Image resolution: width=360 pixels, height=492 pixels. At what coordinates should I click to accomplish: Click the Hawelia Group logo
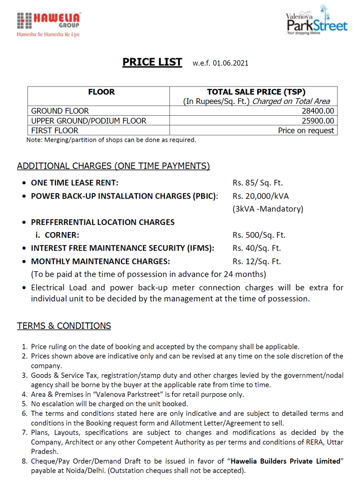(x=48, y=24)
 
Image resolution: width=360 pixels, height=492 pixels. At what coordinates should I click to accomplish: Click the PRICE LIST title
(x=152, y=62)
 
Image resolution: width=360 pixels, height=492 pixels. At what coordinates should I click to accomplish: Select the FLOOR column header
(x=101, y=92)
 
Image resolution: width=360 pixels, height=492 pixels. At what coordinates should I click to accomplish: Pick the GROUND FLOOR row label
(x=60, y=111)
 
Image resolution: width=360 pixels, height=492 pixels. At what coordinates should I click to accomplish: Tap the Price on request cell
(x=306, y=131)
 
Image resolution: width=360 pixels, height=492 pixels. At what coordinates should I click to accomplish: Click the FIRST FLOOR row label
(x=55, y=131)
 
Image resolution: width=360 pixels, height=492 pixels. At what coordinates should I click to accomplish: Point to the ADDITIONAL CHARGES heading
(x=113, y=166)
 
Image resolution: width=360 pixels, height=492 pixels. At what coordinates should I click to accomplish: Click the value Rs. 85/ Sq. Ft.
(x=258, y=183)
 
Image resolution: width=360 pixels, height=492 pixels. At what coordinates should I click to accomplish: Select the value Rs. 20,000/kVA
(x=261, y=196)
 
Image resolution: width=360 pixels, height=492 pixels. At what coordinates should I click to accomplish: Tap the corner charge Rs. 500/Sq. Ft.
(x=259, y=235)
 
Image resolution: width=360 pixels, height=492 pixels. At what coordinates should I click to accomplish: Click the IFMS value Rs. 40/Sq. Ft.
(x=257, y=249)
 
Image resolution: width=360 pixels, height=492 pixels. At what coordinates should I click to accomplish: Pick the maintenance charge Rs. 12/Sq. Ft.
(x=257, y=261)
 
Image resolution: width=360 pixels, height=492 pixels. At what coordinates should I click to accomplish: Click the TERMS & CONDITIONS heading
(x=64, y=326)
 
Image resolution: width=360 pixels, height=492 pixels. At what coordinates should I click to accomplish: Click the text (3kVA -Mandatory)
(x=268, y=209)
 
